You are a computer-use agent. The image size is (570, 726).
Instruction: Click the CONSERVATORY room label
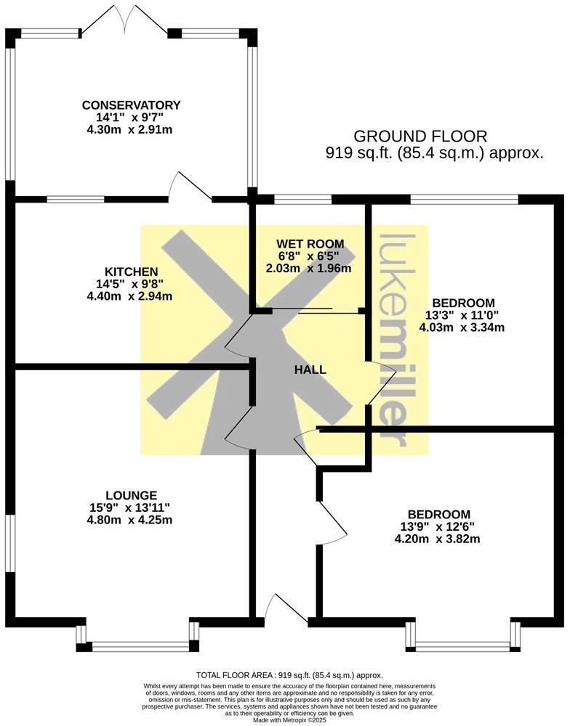click(131, 105)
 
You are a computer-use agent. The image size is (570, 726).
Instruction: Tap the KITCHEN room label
click(131, 272)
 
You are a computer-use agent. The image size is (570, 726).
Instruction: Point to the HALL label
click(310, 370)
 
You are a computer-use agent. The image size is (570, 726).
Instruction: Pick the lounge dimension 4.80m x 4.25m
click(130, 520)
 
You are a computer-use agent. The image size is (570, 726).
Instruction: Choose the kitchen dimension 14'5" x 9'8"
click(131, 284)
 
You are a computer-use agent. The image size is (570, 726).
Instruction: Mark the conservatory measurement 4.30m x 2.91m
click(131, 130)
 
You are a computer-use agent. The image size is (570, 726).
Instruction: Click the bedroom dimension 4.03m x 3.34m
click(462, 327)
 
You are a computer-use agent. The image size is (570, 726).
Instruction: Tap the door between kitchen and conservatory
click(190, 187)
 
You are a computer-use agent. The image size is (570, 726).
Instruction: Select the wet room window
click(300, 198)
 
